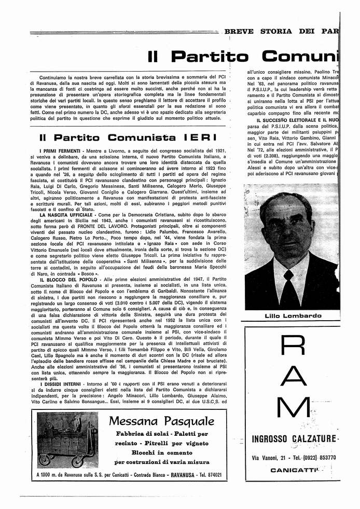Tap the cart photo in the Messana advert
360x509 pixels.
(67, 440)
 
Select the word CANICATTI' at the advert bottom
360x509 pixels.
(294, 470)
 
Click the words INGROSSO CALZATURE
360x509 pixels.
(294, 439)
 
